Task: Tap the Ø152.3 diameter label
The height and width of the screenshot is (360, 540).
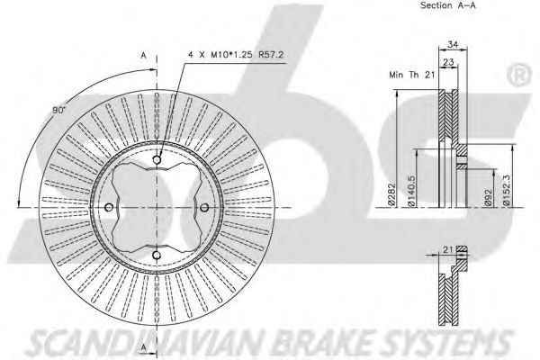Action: [x=508, y=190]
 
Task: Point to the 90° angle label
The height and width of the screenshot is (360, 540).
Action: [x=60, y=110]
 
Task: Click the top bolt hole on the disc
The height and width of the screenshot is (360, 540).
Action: [x=157, y=162]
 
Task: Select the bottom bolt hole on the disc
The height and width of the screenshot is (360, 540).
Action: [x=157, y=256]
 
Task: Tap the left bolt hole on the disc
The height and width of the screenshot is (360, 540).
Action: [x=110, y=209]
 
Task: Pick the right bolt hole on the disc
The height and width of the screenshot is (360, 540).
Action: [x=204, y=209]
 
